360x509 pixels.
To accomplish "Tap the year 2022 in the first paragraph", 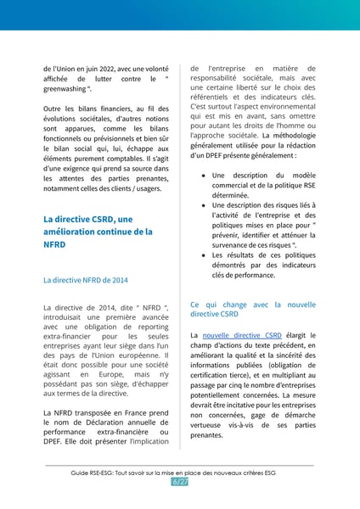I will (x=120, y=69).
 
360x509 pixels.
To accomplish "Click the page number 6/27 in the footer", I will (x=179, y=482).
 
